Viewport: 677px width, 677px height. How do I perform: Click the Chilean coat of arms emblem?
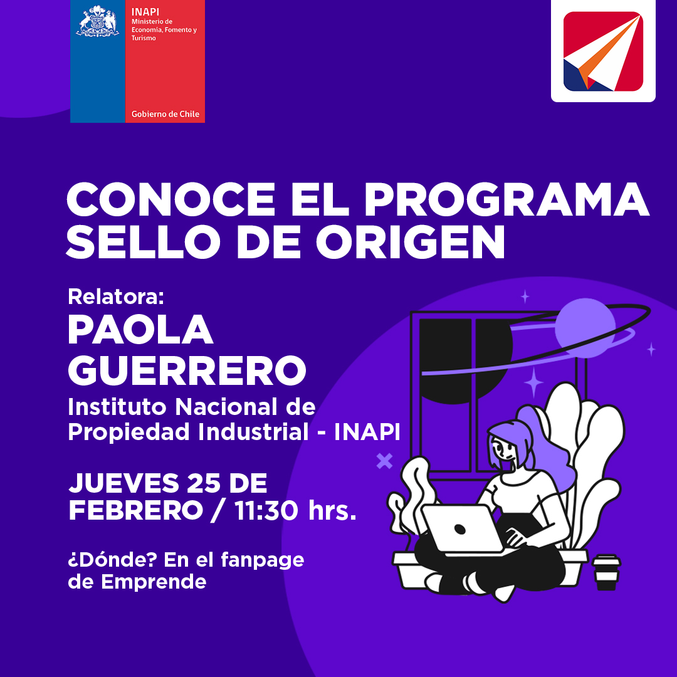(x=98, y=21)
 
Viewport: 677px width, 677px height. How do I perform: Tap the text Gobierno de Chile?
(x=165, y=114)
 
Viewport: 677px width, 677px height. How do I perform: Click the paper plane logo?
(x=603, y=51)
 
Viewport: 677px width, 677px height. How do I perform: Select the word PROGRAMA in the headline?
(x=507, y=199)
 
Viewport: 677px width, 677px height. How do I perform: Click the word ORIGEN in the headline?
(x=411, y=241)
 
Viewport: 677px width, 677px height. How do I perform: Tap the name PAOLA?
(x=140, y=329)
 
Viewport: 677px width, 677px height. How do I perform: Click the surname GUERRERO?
(x=187, y=370)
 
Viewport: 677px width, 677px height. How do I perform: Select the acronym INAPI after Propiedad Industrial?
(x=367, y=431)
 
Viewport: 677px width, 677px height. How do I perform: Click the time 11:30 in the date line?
(x=266, y=510)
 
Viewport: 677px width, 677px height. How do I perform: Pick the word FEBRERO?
(x=135, y=510)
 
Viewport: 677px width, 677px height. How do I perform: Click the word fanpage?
(x=263, y=560)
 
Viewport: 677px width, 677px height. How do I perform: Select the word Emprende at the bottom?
(x=154, y=582)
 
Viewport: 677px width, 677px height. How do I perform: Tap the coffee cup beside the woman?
(x=606, y=572)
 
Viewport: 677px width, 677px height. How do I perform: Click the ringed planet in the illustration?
(x=585, y=328)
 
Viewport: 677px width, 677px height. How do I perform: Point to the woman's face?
(x=503, y=449)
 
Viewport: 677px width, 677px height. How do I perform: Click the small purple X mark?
(x=384, y=461)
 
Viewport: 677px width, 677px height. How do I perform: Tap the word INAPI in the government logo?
(x=145, y=12)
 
